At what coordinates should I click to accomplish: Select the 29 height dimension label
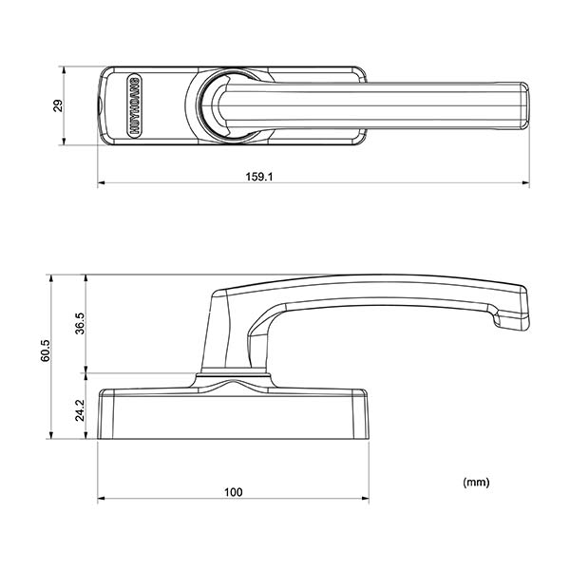(57, 105)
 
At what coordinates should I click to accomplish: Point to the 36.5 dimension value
(81, 323)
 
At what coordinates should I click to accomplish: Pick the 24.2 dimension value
(81, 409)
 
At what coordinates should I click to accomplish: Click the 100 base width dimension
(234, 492)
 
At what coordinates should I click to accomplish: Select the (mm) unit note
(476, 483)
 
